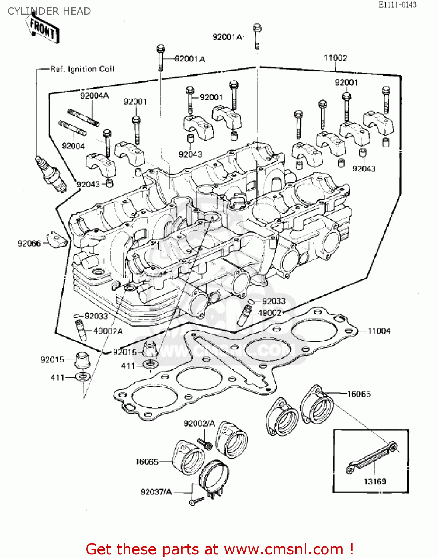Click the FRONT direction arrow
pos(43,29)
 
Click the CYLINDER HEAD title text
pos(49,11)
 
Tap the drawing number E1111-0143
pos(397,5)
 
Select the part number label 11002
pos(335,58)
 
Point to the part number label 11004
pos(379,331)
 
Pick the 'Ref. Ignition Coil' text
pos(82,69)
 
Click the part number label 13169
pos(375,481)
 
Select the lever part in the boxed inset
pos(372,457)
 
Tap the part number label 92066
pos(29,244)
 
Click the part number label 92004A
pos(95,96)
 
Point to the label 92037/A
pos(156,492)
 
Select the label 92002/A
pos(199,424)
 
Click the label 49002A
pos(108,331)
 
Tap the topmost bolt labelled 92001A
pos(257,36)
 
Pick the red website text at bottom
pos(220,549)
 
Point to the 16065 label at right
pos(359,394)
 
